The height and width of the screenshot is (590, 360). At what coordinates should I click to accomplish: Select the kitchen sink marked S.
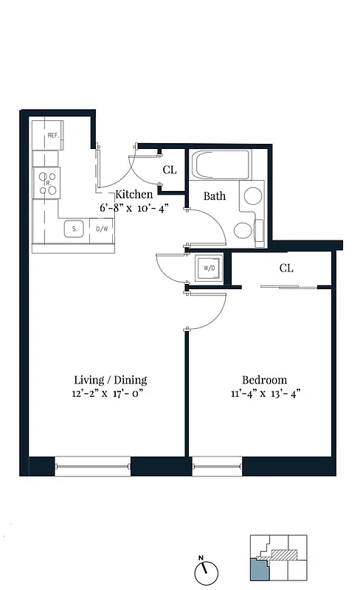pyautogui.click(x=75, y=229)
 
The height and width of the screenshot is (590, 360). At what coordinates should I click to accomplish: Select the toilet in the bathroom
pyautogui.click(x=245, y=229)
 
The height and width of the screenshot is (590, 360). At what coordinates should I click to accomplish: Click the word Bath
pyautogui.click(x=215, y=196)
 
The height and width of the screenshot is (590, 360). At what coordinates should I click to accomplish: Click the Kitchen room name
pyautogui.click(x=134, y=195)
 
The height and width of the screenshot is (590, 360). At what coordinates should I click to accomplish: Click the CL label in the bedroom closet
pyautogui.click(x=286, y=268)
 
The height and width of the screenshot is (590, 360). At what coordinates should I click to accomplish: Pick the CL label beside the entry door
pyautogui.click(x=170, y=170)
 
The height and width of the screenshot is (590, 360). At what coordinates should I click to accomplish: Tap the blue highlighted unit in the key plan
pyautogui.click(x=258, y=570)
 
